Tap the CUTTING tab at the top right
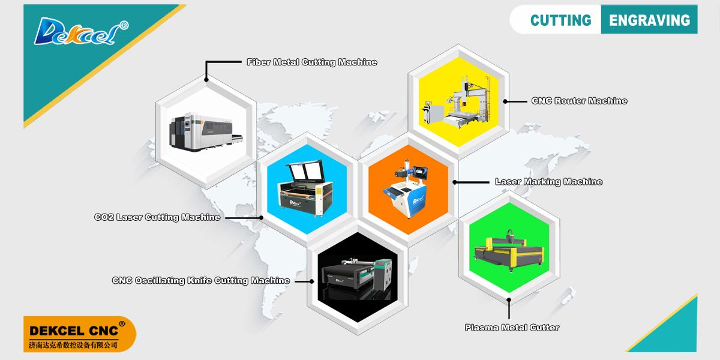560,20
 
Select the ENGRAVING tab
649,20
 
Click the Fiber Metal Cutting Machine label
312,62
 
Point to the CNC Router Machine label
579,101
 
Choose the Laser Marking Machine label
548,181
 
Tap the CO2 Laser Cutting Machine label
157,217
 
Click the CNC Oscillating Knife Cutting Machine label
201,280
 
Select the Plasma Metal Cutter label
512,327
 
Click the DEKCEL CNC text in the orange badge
75,330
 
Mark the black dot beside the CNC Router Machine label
505,101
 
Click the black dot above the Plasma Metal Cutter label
509,299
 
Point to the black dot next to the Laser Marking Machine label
455,182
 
